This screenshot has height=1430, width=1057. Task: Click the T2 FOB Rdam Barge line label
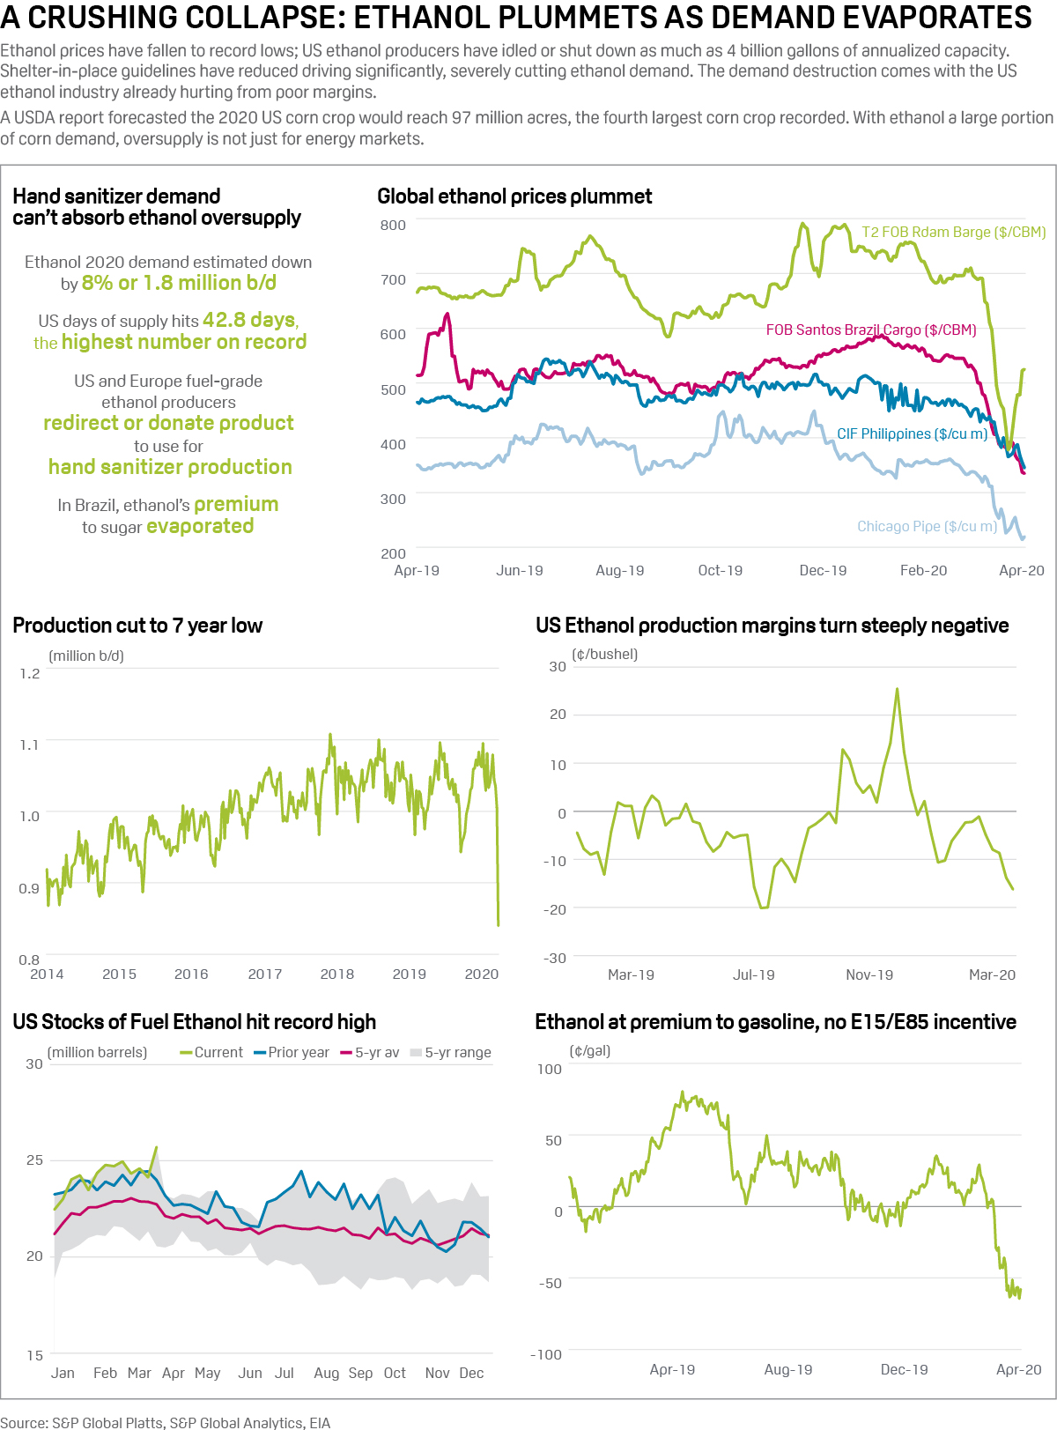pos(953,232)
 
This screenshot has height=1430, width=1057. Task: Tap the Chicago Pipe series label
pos(927,526)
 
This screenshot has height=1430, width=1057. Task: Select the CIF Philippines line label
pos(912,433)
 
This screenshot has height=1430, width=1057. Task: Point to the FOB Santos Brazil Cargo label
pos(870,330)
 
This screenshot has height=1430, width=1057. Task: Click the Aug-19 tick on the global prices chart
pos(619,570)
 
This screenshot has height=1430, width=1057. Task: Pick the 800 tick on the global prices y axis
pos(393,225)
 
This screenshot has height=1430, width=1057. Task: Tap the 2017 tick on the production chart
pos(265,974)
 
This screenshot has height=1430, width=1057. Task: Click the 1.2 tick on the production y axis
pos(30,673)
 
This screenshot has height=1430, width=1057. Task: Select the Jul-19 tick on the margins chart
pos(753,974)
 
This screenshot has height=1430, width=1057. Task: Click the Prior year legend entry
pos(292,1052)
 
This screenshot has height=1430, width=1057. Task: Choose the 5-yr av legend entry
pos(370,1052)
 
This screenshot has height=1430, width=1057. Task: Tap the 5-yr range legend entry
pos(451,1052)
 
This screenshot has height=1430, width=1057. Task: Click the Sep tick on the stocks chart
pos(360,1373)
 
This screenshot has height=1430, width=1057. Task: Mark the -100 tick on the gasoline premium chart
pos(546,1354)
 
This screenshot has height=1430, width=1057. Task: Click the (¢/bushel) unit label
pos(604,654)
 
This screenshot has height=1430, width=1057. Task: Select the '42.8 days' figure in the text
pos(250,320)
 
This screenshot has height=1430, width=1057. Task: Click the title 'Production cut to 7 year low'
pos(137,626)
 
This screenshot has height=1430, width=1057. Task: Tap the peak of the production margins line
pos(897,689)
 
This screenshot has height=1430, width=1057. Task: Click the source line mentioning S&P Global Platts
pos(165,1422)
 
